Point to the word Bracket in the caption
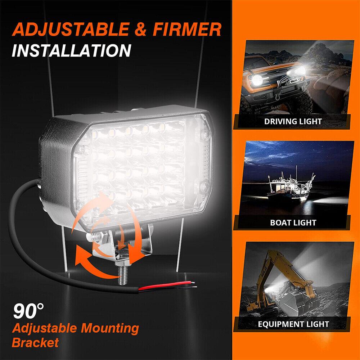35,342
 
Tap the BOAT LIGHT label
293,223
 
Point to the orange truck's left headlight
257,79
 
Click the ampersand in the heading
145,30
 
